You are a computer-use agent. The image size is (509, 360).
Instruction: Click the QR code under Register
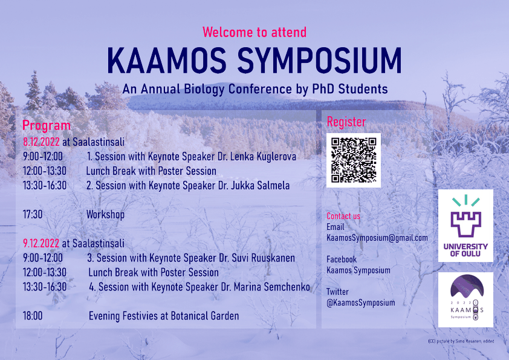(354, 160)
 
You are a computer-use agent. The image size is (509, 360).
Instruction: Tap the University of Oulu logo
(465, 226)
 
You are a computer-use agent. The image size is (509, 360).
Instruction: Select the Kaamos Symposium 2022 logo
(465, 299)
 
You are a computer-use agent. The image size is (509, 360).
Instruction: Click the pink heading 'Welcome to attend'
(254, 32)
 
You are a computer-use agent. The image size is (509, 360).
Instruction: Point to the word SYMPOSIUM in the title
(320, 61)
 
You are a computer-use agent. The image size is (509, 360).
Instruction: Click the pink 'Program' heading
(47, 125)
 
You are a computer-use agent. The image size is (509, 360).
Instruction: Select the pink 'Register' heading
(346, 122)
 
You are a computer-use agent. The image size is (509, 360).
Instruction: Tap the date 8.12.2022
(41, 142)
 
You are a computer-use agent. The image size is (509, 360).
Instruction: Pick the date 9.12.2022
(41, 243)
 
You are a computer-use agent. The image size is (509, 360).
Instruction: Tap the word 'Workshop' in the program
(105, 215)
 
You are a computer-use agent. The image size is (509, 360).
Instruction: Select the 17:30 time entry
(33, 214)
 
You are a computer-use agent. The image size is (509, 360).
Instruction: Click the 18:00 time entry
(33, 316)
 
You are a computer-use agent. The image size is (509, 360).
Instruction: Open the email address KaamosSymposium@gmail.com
(377, 238)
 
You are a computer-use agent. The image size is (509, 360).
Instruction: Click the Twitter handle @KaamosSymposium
(361, 303)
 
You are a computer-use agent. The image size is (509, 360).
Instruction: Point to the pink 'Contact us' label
(343, 216)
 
